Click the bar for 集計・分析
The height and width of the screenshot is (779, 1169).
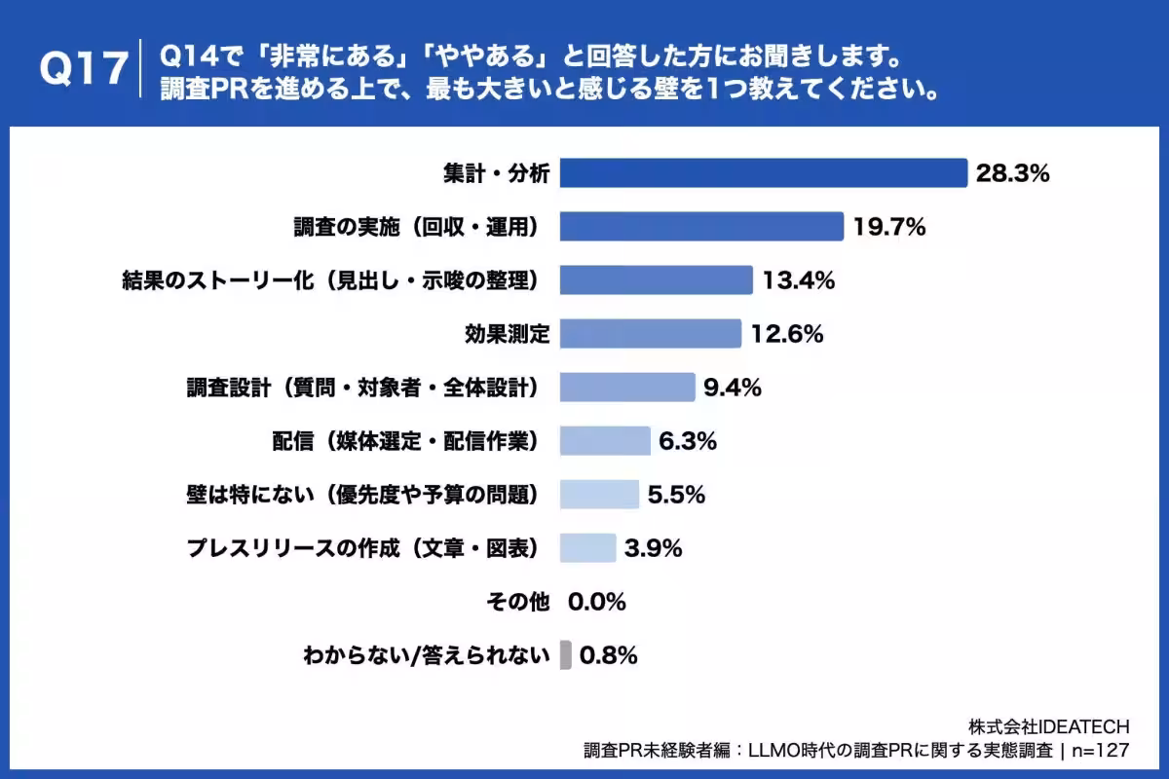pyautogui.click(x=763, y=173)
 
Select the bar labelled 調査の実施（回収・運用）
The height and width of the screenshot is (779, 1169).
pyautogui.click(x=701, y=227)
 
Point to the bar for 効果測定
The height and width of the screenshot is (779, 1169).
pyautogui.click(x=650, y=334)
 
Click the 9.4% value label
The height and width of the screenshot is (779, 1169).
pyautogui.click(x=732, y=388)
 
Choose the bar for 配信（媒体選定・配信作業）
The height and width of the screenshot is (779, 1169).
pyautogui.click(x=605, y=441)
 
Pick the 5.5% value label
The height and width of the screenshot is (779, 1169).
pyautogui.click(x=676, y=495)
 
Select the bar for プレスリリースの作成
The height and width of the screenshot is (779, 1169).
pyautogui.click(x=587, y=548)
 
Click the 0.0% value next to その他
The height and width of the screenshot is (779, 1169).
pyautogui.click(x=596, y=602)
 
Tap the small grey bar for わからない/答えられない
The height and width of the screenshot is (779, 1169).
pyautogui.click(x=566, y=655)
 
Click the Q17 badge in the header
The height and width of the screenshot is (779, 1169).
pyautogui.click(x=84, y=69)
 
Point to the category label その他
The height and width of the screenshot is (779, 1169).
pyautogui.click(x=518, y=602)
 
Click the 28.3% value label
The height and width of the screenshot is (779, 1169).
pyautogui.click(x=1012, y=173)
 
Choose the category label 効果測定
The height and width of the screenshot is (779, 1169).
pyautogui.click(x=507, y=334)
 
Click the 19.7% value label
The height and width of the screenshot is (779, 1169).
pyautogui.click(x=888, y=227)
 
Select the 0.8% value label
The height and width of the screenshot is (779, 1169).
pyautogui.click(x=608, y=655)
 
